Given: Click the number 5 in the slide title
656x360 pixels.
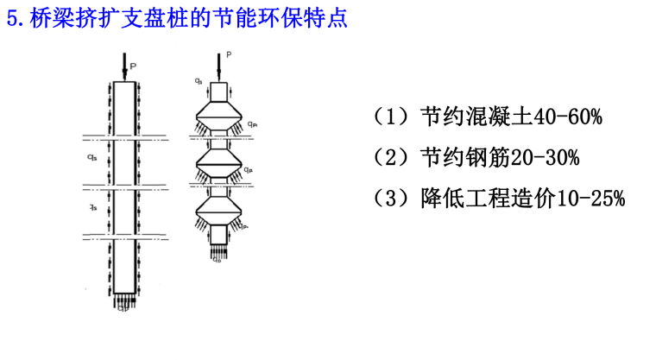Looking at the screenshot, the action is (12, 19).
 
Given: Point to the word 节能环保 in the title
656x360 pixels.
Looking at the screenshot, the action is (252, 19).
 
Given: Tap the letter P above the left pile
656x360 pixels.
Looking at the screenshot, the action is (133, 63).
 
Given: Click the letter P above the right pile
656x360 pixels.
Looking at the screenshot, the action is (229, 54).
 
